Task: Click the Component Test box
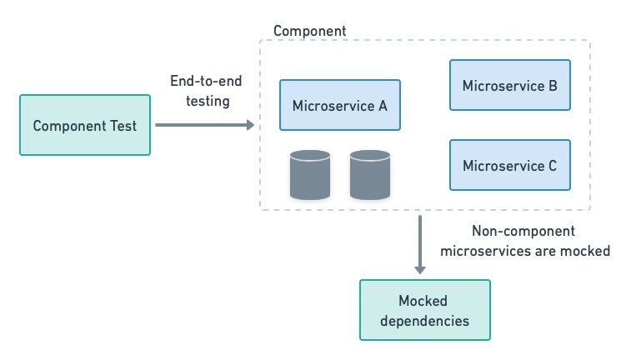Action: coord(85,125)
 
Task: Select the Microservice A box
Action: coord(340,105)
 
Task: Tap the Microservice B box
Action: coord(510,85)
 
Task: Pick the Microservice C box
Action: coord(510,165)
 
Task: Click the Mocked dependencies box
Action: coord(425,310)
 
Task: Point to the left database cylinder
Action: coord(310,175)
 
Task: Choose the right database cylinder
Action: coord(370,175)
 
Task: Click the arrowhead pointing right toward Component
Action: coord(250,125)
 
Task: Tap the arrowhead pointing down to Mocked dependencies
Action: coord(420,270)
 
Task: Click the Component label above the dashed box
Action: coord(309,31)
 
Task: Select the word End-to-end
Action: coord(206,81)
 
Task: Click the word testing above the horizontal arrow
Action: coord(208,101)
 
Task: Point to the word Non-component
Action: coord(523,231)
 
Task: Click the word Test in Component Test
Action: coord(123,126)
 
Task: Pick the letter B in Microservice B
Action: coord(553,86)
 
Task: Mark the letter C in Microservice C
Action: coord(552,166)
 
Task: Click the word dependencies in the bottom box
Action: coord(424,321)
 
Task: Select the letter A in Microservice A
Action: coord(383,106)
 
